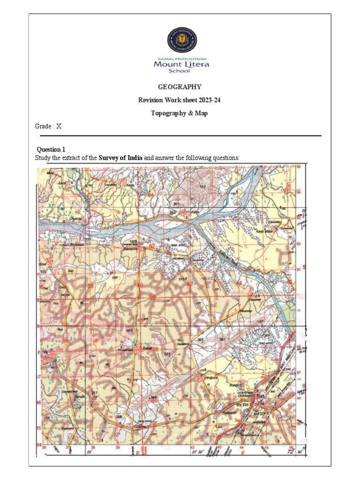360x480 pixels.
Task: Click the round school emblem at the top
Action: pos(182,40)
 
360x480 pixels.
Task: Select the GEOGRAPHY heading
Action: pos(180,87)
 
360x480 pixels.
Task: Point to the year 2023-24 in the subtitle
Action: pos(208,100)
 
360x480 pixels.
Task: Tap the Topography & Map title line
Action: pos(180,113)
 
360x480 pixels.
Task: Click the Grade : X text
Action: pos(48,126)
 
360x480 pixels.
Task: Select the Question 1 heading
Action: pos(52,150)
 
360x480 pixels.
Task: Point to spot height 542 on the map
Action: pos(202,187)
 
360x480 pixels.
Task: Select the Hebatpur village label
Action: pos(228,412)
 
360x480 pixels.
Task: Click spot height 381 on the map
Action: pos(222,340)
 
